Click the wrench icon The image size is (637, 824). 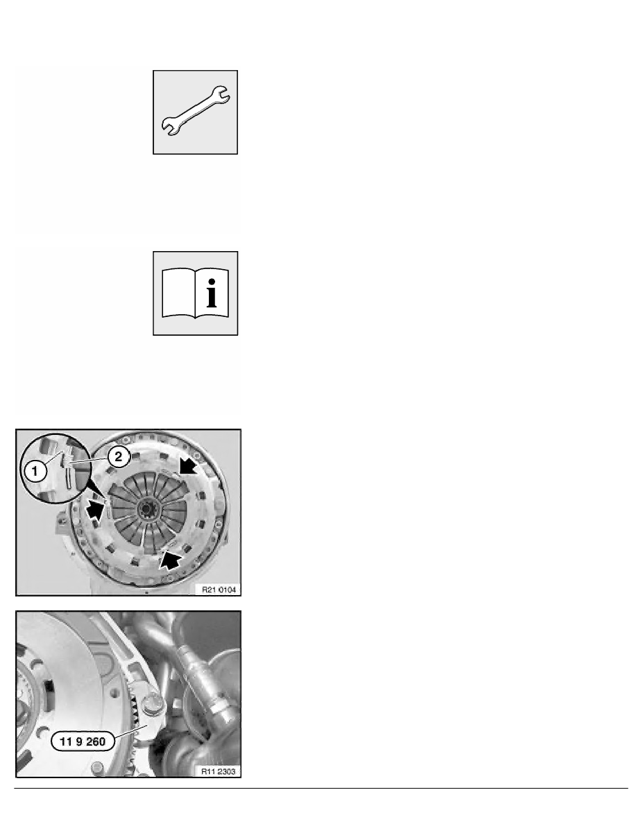[x=195, y=111]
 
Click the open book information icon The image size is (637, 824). [x=195, y=293]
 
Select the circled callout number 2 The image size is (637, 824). [x=118, y=456]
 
